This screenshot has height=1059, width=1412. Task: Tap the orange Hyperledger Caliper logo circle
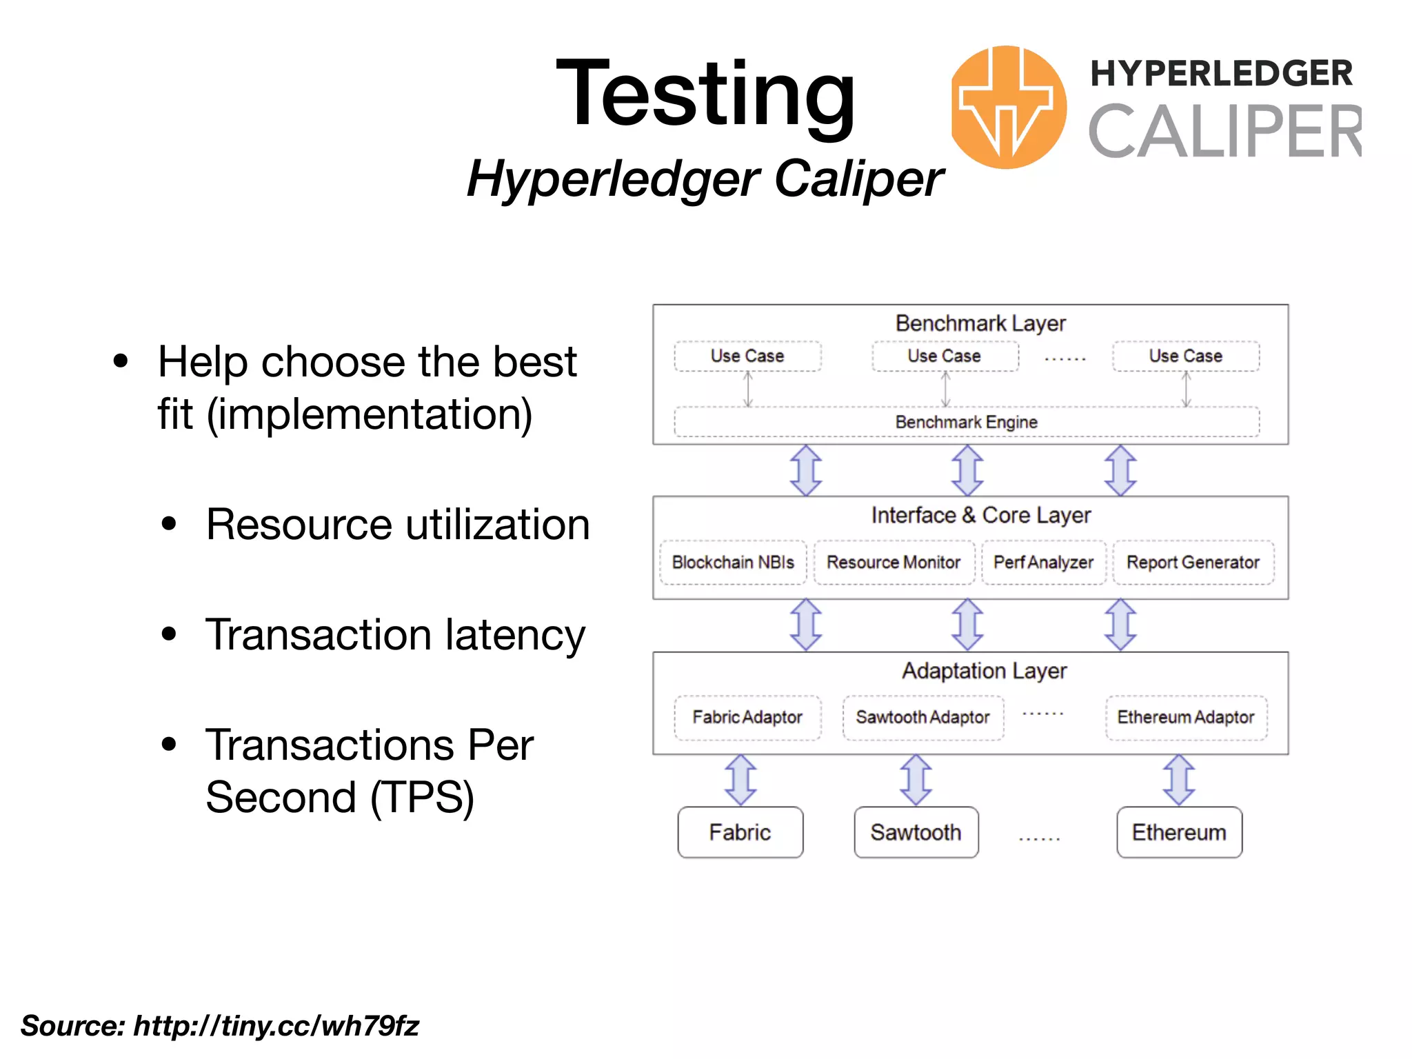[1008, 107]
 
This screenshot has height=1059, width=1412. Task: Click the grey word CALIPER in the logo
[1224, 131]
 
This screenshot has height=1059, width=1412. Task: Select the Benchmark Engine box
[966, 422]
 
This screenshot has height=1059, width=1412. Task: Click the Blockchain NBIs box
[733, 563]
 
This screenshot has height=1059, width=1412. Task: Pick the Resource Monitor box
[894, 563]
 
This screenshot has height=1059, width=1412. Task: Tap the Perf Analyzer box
[1043, 563]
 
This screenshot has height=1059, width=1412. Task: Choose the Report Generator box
[1193, 563]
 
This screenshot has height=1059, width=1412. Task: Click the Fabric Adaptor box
[747, 718]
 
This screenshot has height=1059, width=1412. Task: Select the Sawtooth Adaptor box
[922, 718]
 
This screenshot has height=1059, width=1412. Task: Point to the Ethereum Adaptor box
[1186, 718]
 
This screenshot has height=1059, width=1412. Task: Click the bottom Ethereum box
[1179, 832]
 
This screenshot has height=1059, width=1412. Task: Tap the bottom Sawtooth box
[916, 832]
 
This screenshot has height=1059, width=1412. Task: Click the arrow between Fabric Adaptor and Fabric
[741, 780]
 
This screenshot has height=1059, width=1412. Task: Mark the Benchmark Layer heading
[980, 323]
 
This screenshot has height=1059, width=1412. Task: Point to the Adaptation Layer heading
[985, 671]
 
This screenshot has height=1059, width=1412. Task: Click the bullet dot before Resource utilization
[169, 524]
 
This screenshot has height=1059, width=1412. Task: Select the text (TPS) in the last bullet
[422, 798]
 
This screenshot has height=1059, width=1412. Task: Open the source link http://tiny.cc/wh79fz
[276, 1026]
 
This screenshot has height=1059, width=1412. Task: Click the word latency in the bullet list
[515, 635]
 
